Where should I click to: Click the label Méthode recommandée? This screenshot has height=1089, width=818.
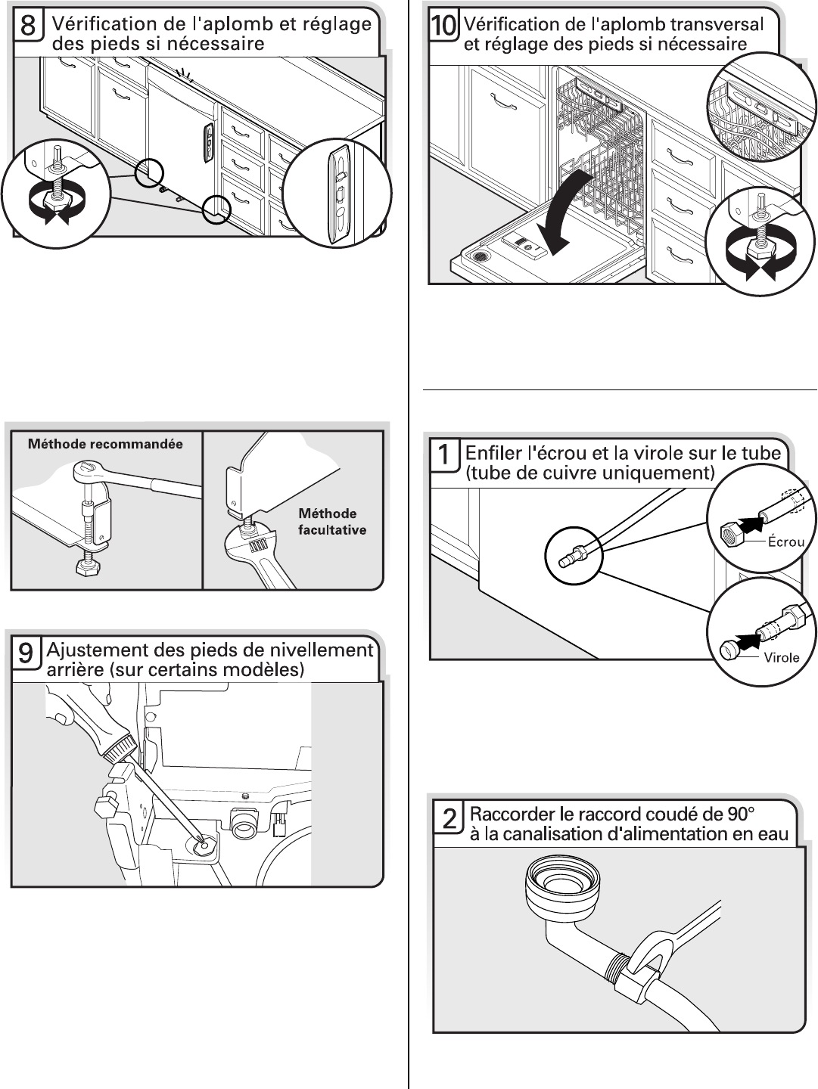(x=105, y=444)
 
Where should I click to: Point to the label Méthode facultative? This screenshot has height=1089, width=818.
(x=331, y=522)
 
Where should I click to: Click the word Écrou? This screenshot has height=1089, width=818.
(x=785, y=541)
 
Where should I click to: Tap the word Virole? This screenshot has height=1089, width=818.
(x=780, y=657)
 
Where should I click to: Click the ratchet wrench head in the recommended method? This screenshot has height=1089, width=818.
(x=89, y=473)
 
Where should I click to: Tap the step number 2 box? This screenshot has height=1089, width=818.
(x=449, y=824)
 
